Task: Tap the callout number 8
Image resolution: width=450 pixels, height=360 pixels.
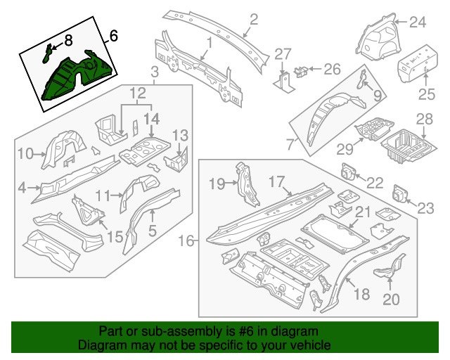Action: tap(68, 42)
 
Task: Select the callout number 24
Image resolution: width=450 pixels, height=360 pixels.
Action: tap(418, 22)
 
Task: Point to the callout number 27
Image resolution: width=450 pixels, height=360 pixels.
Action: tap(282, 54)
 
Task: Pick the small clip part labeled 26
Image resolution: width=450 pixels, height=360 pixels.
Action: tap(300, 70)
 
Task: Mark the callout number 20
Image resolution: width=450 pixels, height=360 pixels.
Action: tap(391, 300)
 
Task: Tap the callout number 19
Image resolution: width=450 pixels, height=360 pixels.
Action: tap(217, 184)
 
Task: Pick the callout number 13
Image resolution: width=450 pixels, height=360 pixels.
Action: tap(180, 135)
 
